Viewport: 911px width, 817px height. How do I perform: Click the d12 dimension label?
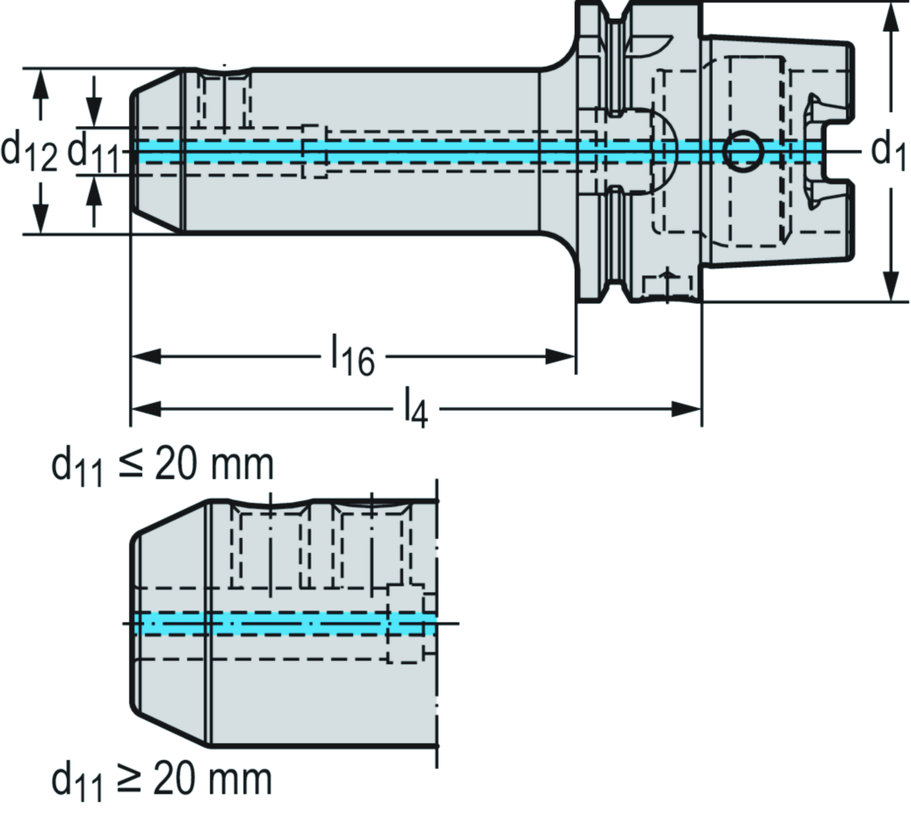[29, 151]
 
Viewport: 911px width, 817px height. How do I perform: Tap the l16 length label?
[352, 357]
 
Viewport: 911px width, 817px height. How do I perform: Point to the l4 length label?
[416, 409]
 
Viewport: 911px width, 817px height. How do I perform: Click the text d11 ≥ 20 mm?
[161, 781]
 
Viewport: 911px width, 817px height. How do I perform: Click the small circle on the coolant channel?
[741, 151]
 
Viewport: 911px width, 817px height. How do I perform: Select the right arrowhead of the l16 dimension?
[562, 356]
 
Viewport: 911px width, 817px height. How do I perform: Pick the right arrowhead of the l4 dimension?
[688, 409]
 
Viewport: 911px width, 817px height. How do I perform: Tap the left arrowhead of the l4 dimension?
[145, 409]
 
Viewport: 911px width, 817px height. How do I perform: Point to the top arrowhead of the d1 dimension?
[890, 18]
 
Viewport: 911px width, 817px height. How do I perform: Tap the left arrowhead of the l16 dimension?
[145, 356]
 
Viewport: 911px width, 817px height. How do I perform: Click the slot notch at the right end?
[836, 151]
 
